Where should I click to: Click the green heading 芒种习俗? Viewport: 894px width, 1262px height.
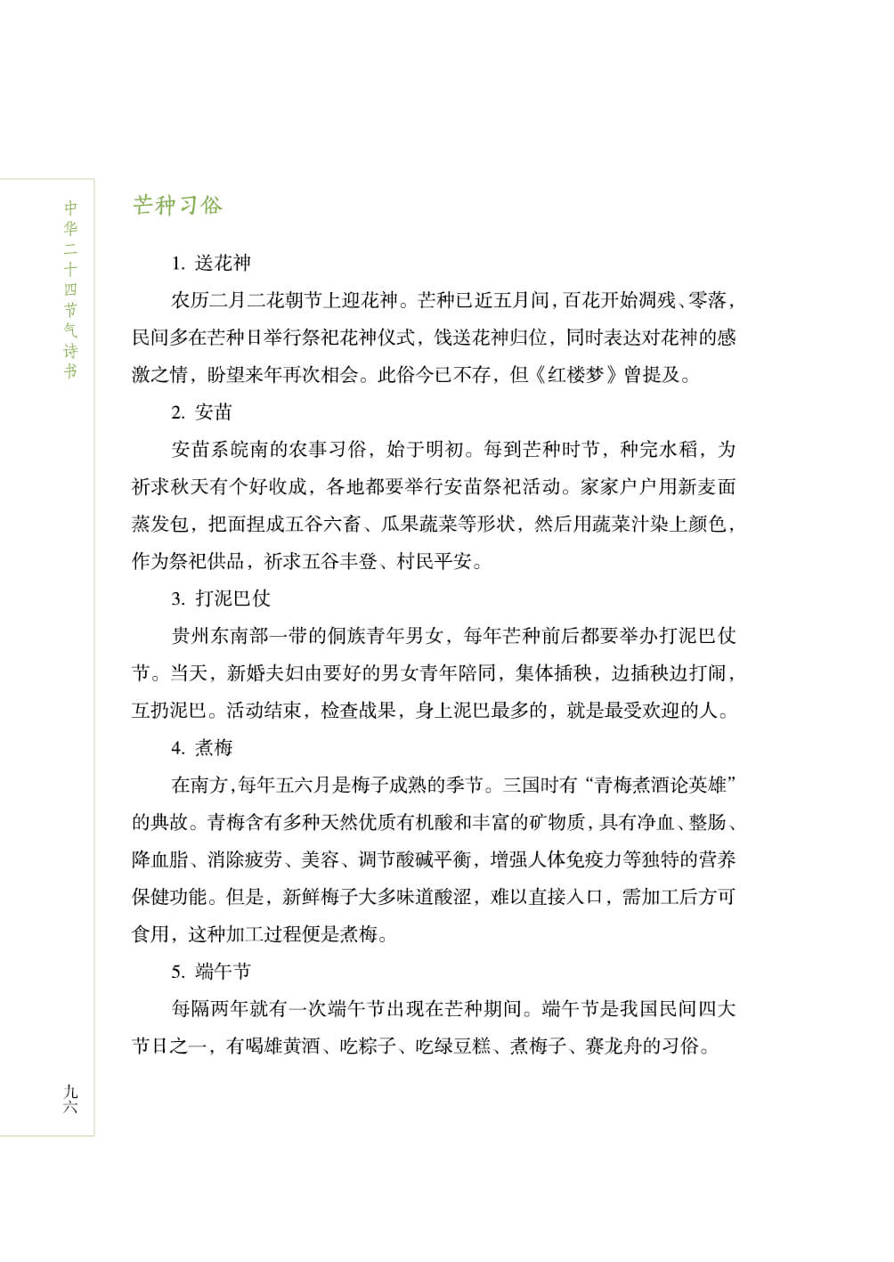click(177, 205)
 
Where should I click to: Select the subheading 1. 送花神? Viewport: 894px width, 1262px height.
click(211, 263)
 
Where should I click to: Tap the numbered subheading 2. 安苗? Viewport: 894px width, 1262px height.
click(202, 411)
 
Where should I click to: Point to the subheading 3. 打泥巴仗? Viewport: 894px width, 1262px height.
click(221, 598)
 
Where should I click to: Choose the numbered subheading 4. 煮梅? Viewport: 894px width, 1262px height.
click(202, 747)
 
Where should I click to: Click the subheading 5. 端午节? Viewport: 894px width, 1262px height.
click(211, 971)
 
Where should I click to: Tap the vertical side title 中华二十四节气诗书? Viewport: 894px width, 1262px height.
click(70, 289)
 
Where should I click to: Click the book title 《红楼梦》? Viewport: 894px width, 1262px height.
click(575, 374)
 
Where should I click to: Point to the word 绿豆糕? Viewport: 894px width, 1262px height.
click(463, 1046)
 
